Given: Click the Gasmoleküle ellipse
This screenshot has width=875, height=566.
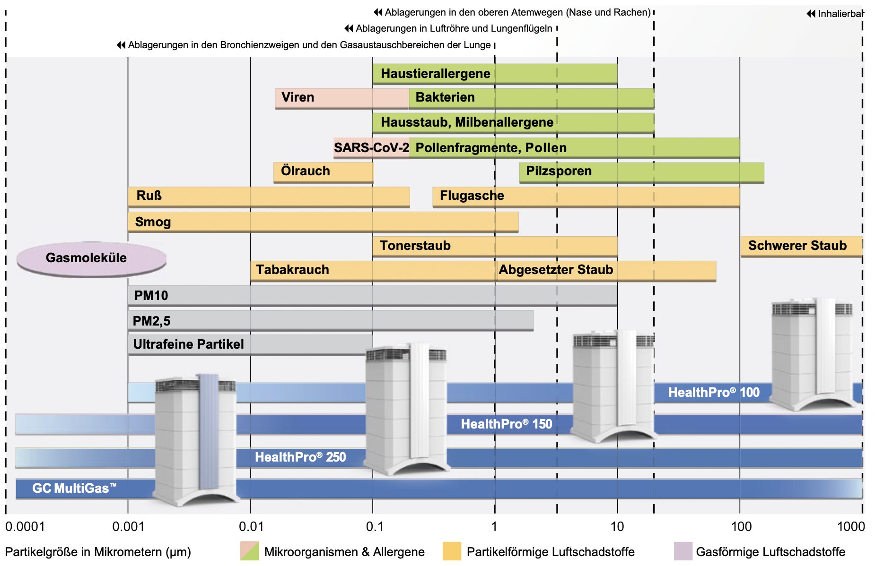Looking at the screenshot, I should pos(90,258).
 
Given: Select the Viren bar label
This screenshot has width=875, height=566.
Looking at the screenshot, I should pos(297,97).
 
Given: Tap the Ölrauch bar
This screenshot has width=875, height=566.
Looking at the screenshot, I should pos(323,172).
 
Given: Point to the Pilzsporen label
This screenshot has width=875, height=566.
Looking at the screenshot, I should pos(559,171).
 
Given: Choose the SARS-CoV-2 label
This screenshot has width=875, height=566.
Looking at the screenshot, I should pos(371,148).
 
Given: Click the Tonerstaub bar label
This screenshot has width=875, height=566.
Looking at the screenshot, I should pos(415,246).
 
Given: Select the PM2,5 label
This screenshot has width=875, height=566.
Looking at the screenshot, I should pos(151,321).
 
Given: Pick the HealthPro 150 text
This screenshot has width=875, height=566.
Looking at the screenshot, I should pos(506,424).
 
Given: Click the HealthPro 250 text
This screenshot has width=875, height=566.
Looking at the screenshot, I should pos(300,457).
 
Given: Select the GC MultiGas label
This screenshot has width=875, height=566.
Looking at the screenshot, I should pos(74,489).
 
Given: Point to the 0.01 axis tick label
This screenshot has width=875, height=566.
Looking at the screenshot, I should pos(251,526).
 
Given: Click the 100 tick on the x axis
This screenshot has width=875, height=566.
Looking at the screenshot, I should pos(741,526).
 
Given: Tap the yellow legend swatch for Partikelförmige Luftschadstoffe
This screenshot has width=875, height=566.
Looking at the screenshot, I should pos(452,551).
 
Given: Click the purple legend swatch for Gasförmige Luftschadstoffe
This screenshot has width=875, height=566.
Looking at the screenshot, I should pos(682,551).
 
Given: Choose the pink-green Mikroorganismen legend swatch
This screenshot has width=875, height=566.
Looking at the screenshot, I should pos(249,551).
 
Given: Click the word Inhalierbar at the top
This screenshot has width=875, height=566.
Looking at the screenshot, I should pos(840,14).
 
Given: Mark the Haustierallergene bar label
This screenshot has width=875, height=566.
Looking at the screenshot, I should pos(435,74).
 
